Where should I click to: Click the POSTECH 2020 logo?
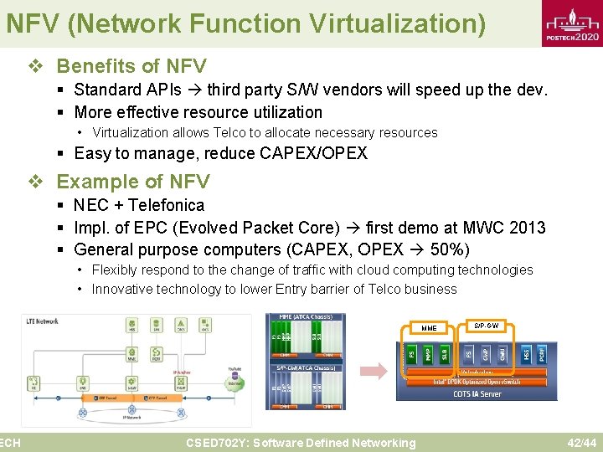(573, 24)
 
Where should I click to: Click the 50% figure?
(450, 249)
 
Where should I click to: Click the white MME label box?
(429, 328)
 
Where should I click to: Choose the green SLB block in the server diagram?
(445, 352)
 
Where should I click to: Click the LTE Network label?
(43, 321)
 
